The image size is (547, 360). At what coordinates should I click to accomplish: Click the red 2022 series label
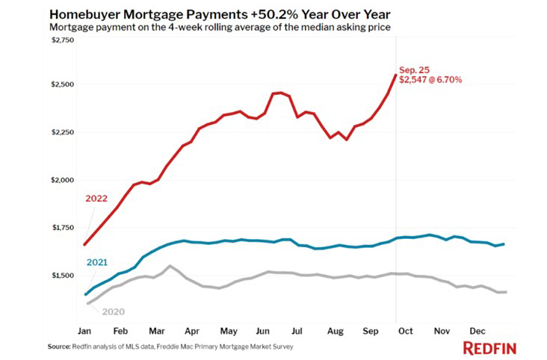96,199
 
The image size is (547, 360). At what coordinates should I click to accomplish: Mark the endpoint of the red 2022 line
395,74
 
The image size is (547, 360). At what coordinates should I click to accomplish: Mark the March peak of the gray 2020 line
170,266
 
